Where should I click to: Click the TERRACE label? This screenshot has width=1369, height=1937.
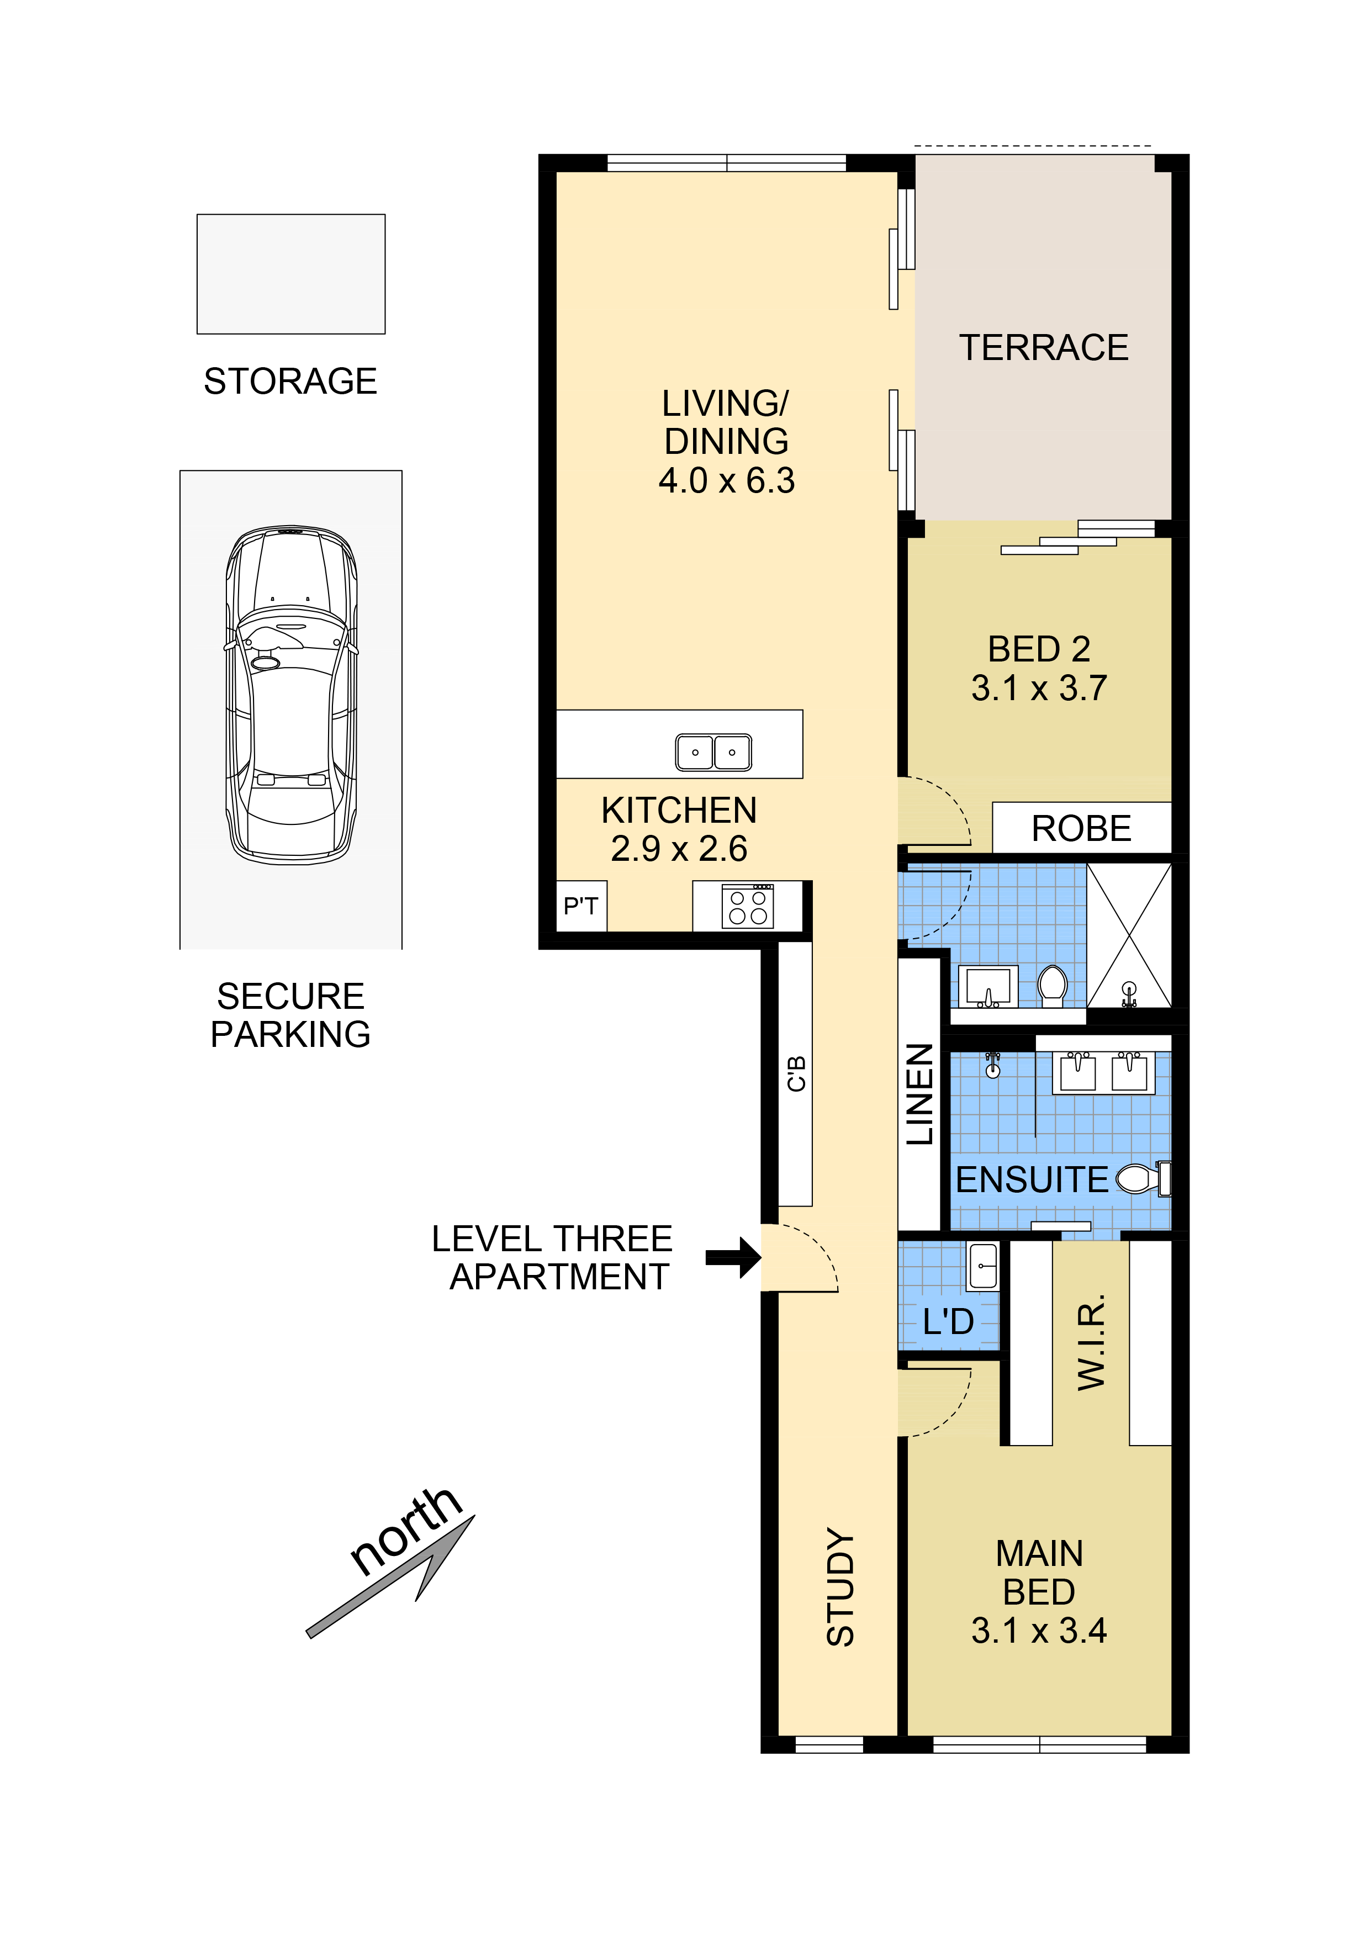pyautogui.click(x=1043, y=347)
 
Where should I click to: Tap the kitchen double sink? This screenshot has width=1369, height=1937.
pyautogui.click(x=713, y=751)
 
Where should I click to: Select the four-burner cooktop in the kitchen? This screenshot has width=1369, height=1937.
pyautogui.click(x=747, y=907)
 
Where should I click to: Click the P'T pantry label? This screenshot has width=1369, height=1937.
pyautogui.click(x=580, y=906)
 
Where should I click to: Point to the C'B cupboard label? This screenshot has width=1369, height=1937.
pyautogui.click(x=795, y=1074)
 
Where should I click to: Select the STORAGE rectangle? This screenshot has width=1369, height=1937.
pyautogui.click(x=291, y=274)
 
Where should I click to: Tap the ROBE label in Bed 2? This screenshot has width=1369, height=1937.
pyautogui.click(x=1081, y=828)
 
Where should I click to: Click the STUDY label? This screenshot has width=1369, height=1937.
pyautogui.click(x=840, y=1586)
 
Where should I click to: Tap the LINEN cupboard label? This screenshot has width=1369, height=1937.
pyautogui.click(x=919, y=1094)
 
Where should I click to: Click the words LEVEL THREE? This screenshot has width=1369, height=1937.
pyautogui.click(x=552, y=1239)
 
